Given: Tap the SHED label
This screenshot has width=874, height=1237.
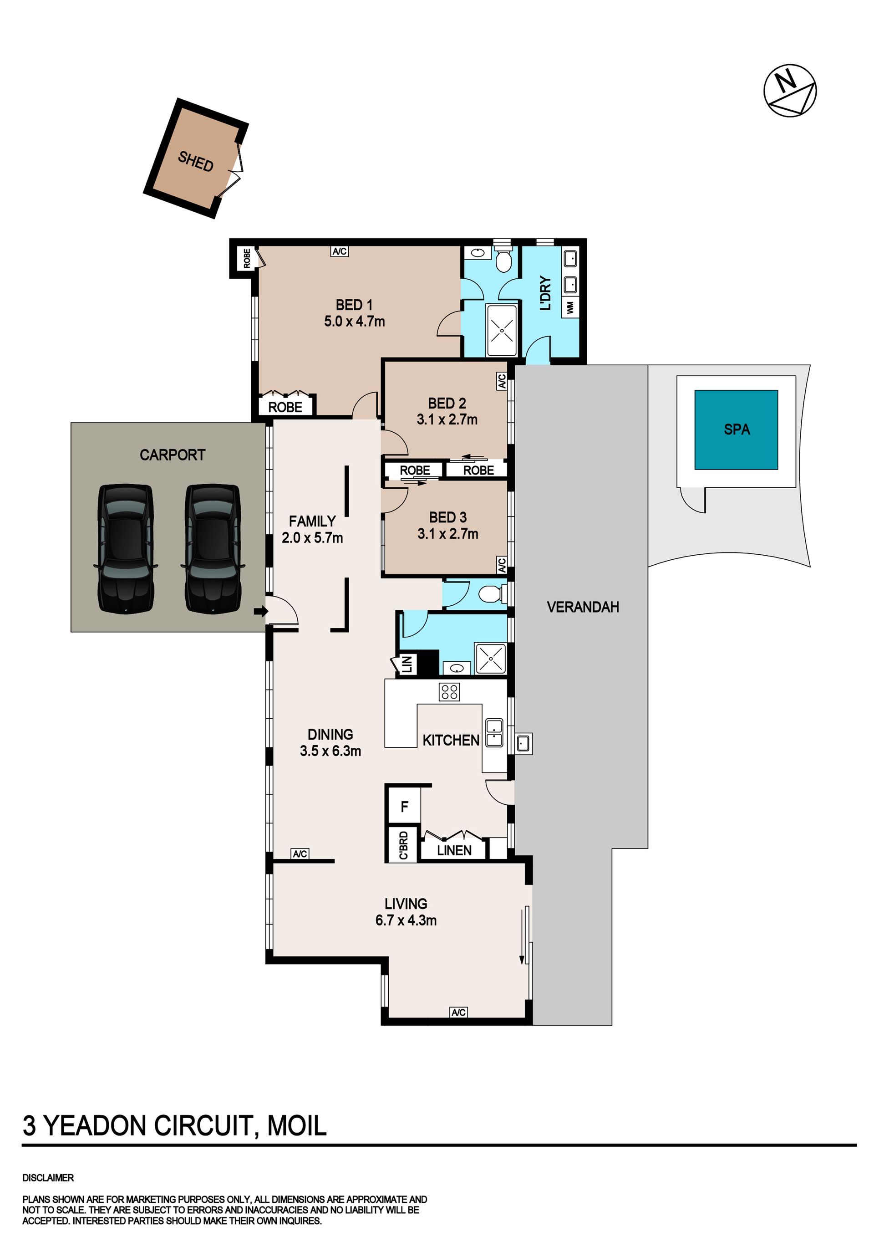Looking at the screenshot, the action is (x=195, y=161).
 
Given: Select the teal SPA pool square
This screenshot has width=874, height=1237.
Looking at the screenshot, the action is (x=736, y=429).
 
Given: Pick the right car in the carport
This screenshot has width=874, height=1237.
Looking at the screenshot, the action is (x=213, y=548).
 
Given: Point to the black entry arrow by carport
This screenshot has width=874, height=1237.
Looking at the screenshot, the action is (x=261, y=611).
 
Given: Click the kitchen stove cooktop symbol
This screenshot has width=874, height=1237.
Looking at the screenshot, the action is (x=449, y=692).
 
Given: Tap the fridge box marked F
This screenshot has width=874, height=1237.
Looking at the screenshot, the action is (x=403, y=807).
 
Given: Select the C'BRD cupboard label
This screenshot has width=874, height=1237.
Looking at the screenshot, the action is (x=403, y=845).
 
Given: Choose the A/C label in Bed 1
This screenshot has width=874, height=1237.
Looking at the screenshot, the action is (x=339, y=251).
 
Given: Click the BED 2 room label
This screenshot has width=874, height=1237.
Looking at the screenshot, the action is (x=447, y=403).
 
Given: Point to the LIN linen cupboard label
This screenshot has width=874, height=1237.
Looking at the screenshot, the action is (x=407, y=664).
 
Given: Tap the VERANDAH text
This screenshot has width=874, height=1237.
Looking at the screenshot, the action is (x=583, y=607).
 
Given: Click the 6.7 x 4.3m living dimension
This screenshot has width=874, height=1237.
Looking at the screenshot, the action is (x=406, y=920).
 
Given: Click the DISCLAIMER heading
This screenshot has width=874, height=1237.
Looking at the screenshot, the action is (x=48, y=1178).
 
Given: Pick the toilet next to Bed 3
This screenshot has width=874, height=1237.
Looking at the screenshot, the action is (x=492, y=594).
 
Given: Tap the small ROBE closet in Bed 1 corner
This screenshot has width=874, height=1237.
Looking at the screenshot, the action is (x=247, y=258).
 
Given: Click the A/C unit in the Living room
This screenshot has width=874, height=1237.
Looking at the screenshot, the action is (x=458, y=1012).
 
